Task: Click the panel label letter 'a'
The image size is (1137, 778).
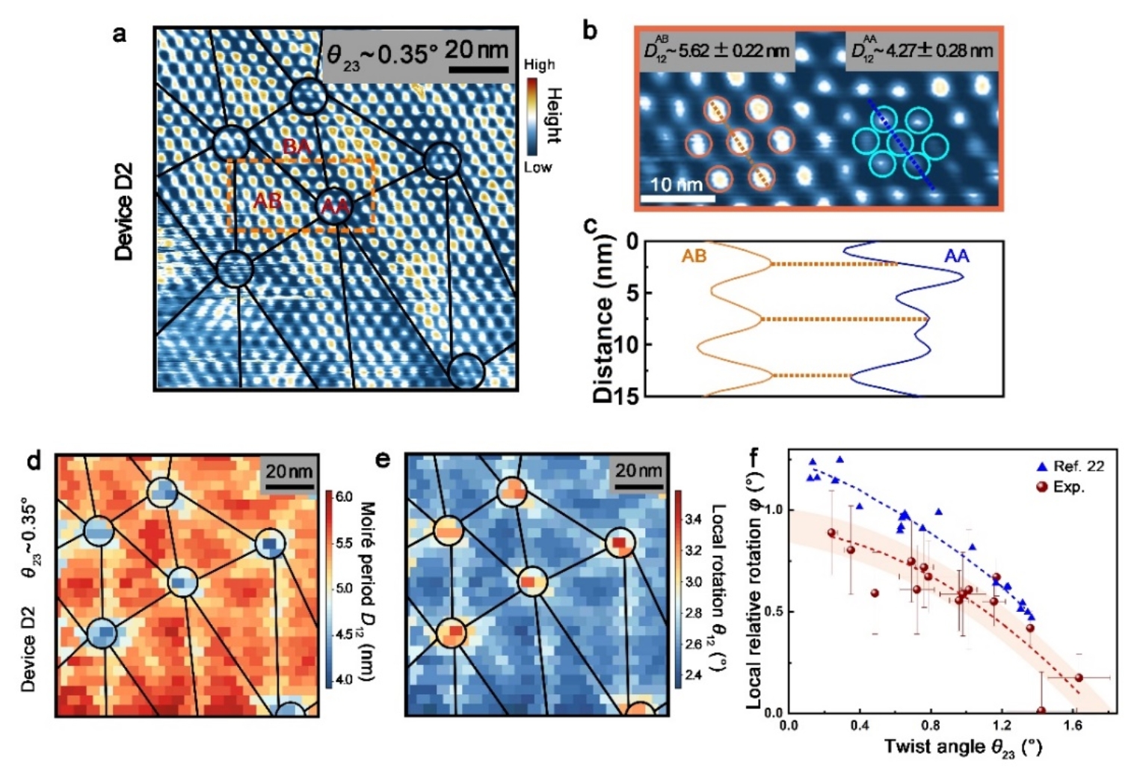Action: click(120, 35)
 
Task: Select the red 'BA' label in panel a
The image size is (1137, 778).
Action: click(297, 147)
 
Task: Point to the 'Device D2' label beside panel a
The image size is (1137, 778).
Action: click(124, 211)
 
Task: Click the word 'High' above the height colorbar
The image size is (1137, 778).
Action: click(539, 65)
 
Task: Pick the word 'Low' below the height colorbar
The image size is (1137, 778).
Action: click(537, 167)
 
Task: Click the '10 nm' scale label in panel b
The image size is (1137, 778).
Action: click(676, 185)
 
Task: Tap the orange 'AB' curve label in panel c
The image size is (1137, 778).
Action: click(694, 257)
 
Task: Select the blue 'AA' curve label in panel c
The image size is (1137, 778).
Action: click(956, 257)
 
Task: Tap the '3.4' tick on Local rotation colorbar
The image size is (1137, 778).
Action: click(693, 519)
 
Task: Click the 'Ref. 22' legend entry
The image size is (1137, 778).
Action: click(1078, 466)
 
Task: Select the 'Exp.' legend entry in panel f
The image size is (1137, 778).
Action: click(1069, 487)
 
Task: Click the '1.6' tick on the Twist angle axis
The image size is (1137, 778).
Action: click(1074, 725)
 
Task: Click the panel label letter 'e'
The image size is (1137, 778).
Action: click(382, 459)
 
